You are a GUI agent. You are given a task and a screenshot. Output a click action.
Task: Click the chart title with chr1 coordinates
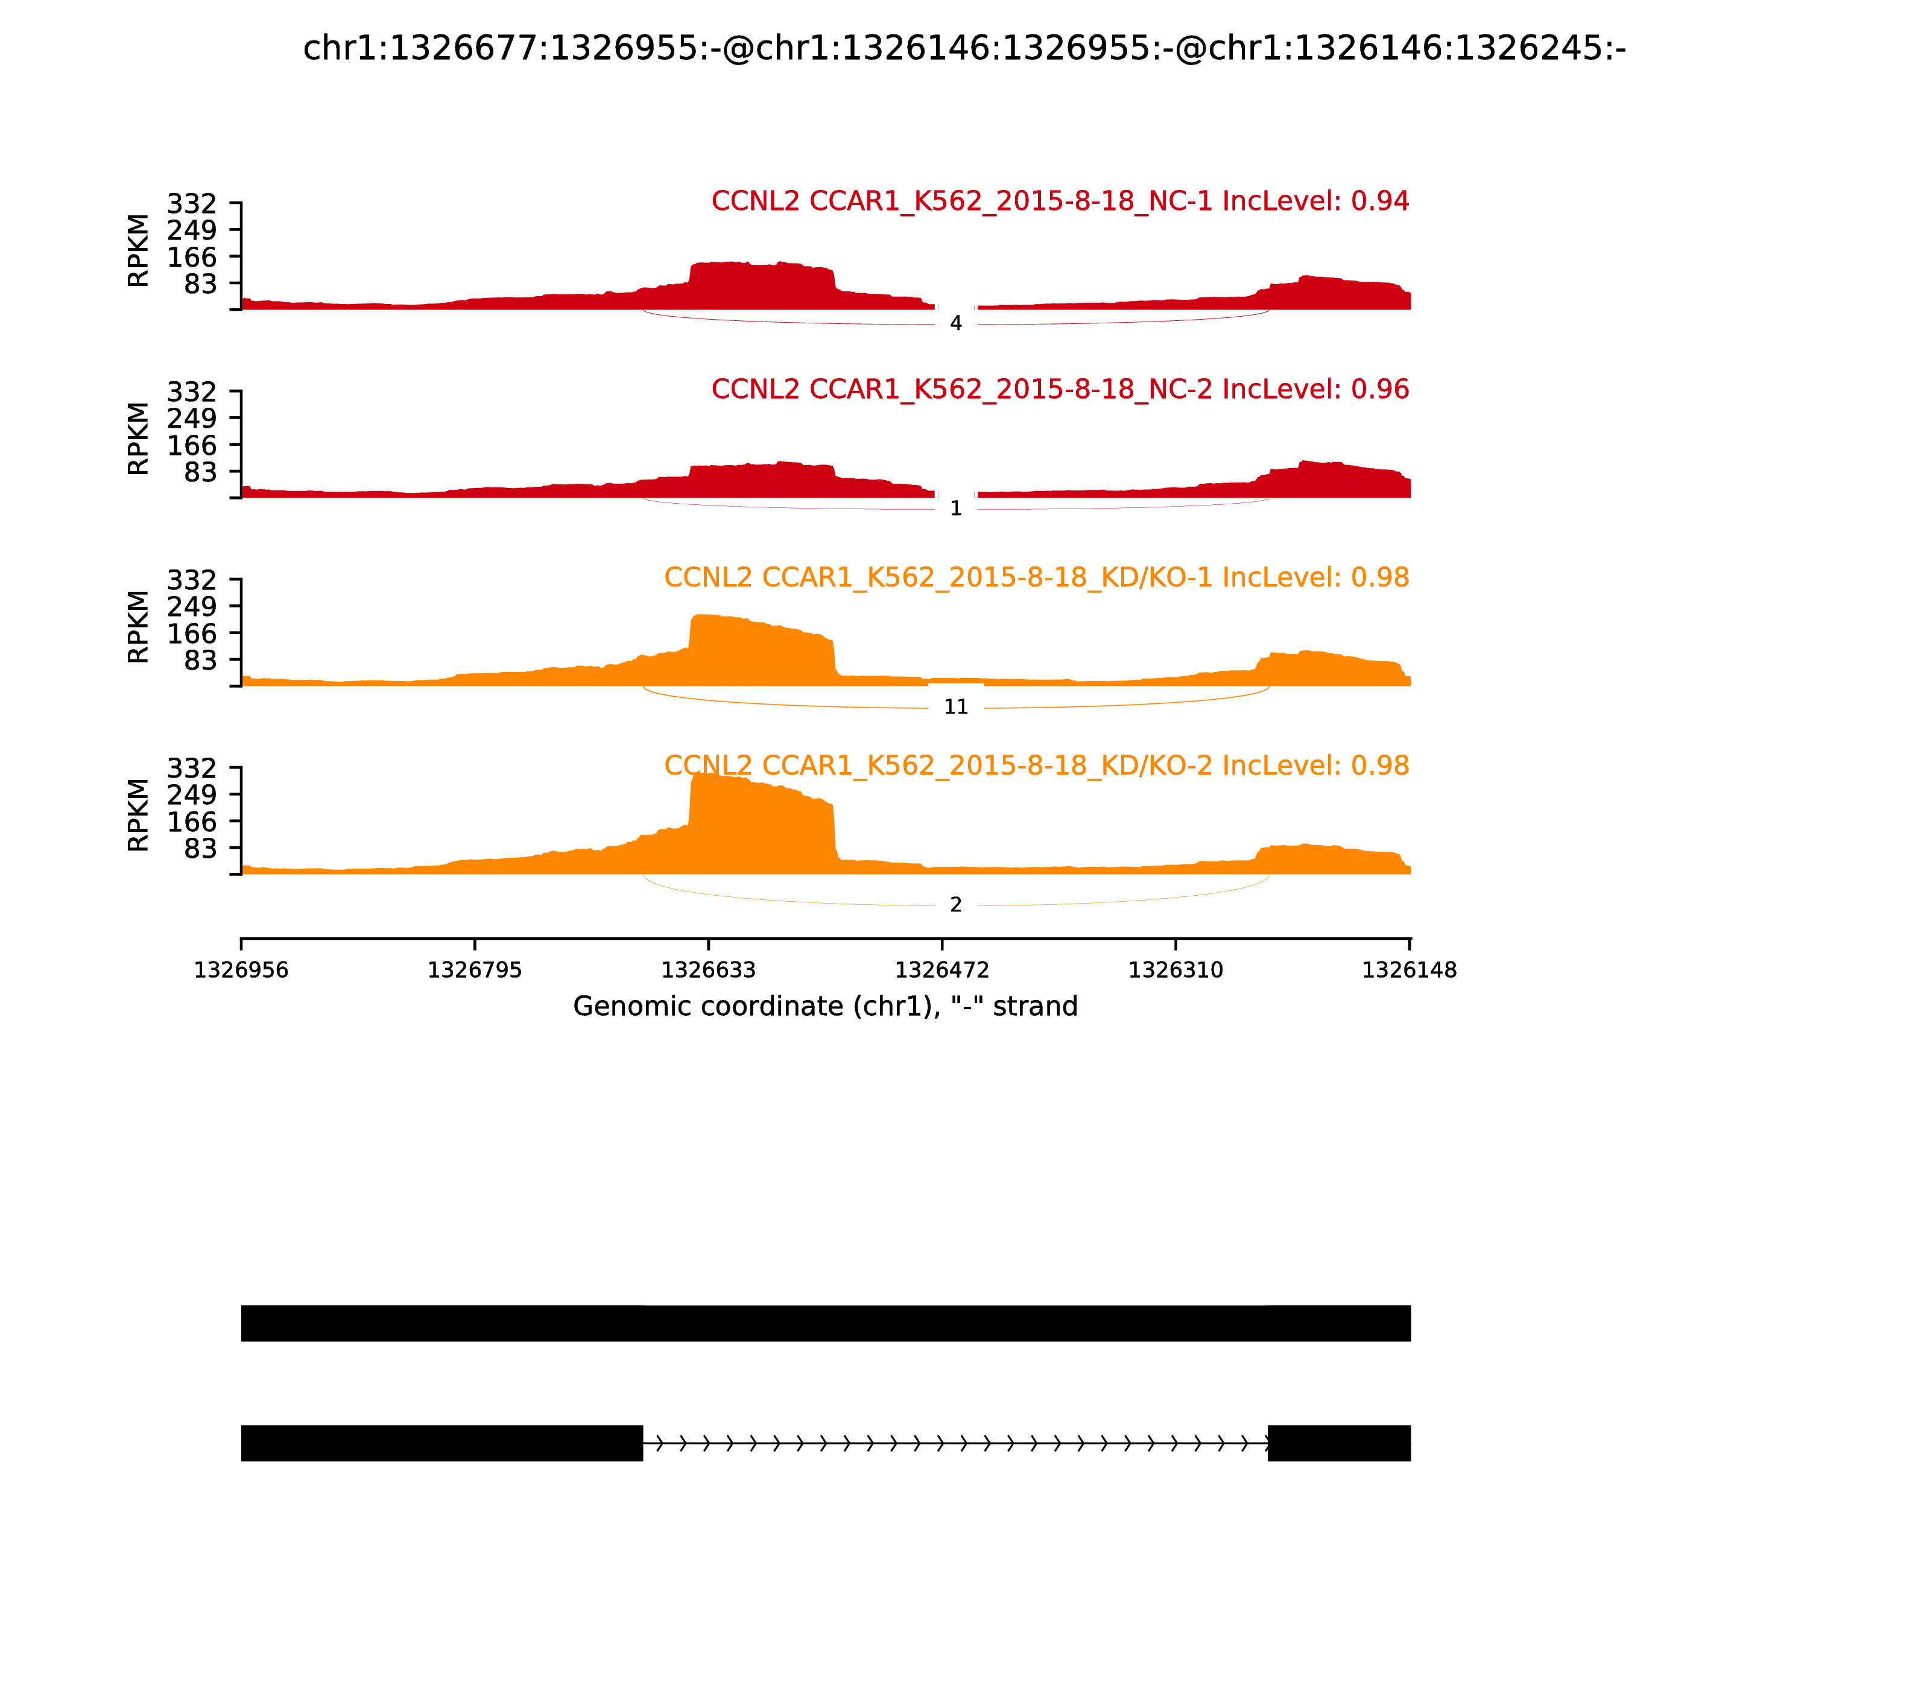click(964, 48)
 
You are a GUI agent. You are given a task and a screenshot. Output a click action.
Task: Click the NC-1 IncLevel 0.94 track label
click(1060, 201)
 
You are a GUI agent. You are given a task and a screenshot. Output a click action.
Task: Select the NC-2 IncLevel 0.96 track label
click(1060, 388)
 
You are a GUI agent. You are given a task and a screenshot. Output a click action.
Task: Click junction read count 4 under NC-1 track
click(955, 323)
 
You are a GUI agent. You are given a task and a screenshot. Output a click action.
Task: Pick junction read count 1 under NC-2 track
click(955, 509)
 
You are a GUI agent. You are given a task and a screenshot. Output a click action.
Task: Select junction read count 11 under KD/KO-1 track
click(955, 707)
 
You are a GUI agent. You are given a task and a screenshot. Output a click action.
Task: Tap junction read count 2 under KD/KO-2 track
click(955, 905)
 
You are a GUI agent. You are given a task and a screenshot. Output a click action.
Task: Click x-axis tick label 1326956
click(241, 970)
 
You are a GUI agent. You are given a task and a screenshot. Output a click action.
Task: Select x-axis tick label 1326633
click(709, 970)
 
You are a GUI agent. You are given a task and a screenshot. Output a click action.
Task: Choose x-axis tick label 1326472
click(942, 970)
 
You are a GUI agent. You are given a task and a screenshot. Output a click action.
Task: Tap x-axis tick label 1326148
click(1409, 970)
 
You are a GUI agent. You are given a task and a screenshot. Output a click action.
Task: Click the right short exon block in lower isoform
click(1339, 1443)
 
